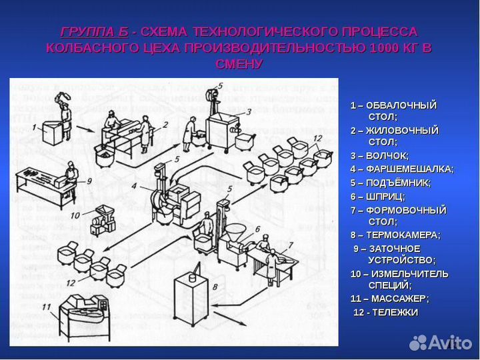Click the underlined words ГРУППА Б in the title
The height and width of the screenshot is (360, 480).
pyautogui.click(x=94, y=32)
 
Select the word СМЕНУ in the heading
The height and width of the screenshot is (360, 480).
pyautogui.click(x=239, y=64)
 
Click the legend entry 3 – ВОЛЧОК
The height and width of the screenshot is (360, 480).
pyautogui.click(x=379, y=155)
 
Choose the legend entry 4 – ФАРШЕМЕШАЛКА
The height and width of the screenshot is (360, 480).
pyautogui.click(x=401, y=169)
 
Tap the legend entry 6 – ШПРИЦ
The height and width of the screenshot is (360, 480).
pyautogui.click(x=377, y=196)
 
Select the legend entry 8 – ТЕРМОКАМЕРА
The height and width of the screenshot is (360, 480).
pyautogui.click(x=395, y=235)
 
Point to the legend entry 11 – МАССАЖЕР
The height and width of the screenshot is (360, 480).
pyautogui.click(x=389, y=298)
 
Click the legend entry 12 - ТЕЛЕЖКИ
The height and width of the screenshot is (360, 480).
pyautogui.click(x=385, y=312)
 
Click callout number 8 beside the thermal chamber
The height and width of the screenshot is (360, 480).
pyautogui.click(x=215, y=287)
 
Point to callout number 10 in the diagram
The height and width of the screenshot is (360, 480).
pyautogui.click(x=75, y=215)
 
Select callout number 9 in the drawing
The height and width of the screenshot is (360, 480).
pyautogui.click(x=88, y=180)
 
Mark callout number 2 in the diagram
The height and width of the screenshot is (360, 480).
pyautogui.click(x=165, y=124)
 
